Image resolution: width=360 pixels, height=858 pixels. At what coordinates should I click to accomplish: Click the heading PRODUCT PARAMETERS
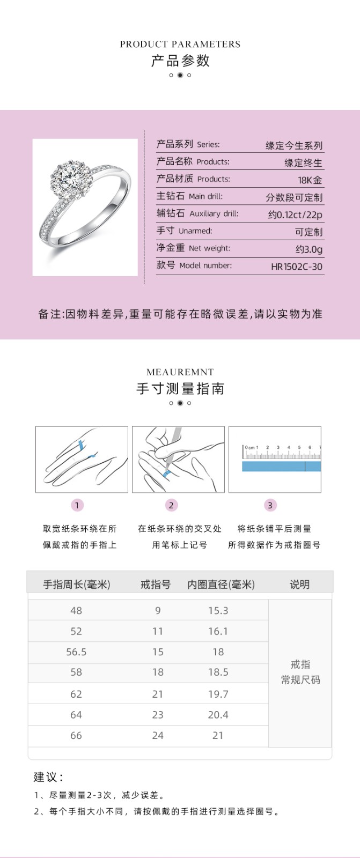(x=180, y=44)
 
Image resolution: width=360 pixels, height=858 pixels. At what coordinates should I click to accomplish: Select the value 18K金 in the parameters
(x=310, y=180)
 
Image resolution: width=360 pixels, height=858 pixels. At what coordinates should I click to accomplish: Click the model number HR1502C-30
(x=297, y=267)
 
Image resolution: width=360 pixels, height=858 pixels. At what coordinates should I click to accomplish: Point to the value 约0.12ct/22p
(x=295, y=214)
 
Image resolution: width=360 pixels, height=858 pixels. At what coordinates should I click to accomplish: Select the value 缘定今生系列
(x=294, y=145)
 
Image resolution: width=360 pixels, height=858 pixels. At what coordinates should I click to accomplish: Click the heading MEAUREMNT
(x=180, y=372)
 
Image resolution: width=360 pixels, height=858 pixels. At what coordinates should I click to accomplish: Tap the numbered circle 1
(x=77, y=505)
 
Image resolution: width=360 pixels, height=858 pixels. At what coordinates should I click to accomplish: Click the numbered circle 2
(x=171, y=505)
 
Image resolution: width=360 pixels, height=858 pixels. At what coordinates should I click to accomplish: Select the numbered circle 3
(x=270, y=505)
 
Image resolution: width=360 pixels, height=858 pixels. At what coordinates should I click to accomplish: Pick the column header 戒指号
(x=156, y=585)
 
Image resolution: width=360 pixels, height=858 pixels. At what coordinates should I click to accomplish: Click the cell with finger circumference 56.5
(x=76, y=652)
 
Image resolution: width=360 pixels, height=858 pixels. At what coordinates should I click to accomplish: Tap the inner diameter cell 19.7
(x=218, y=694)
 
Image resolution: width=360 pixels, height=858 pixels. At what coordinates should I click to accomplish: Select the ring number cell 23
(x=158, y=715)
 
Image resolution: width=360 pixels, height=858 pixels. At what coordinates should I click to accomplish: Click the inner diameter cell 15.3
(x=218, y=611)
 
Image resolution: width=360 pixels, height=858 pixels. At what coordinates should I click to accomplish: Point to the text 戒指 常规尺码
(x=300, y=672)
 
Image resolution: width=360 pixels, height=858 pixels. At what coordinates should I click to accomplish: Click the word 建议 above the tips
(x=47, y=777)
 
